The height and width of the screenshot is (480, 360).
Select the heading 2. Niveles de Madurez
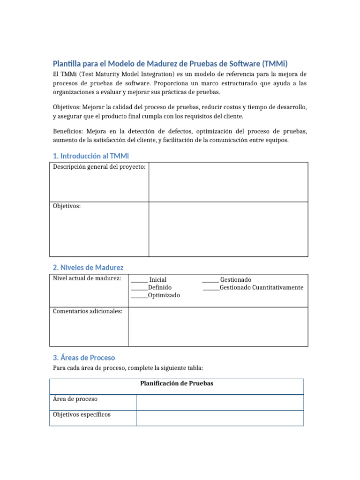click(88, 267)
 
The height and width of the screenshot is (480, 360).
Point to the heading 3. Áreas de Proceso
click(84, 357)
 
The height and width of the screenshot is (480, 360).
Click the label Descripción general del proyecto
click(99, 167)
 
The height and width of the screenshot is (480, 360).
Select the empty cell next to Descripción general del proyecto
click(228, 182)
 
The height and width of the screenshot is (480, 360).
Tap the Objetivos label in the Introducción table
click(67, 206)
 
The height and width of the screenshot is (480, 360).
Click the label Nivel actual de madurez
click(87, 278)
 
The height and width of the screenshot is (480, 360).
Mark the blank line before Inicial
click(139, 280)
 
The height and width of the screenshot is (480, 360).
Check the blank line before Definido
click(139, 287)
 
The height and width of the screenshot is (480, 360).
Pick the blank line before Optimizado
click(139, 295)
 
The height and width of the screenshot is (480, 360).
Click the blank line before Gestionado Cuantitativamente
click(211, 287)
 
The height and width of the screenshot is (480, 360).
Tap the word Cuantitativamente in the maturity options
click(277, 287)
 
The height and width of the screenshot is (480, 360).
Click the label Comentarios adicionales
click(88, 311)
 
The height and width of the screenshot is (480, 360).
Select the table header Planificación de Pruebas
click(177, 383)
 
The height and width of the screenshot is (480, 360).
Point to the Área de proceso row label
click(75, 399)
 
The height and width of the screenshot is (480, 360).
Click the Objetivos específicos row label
click(82, 415)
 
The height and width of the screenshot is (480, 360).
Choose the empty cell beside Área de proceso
click(220, 402)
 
